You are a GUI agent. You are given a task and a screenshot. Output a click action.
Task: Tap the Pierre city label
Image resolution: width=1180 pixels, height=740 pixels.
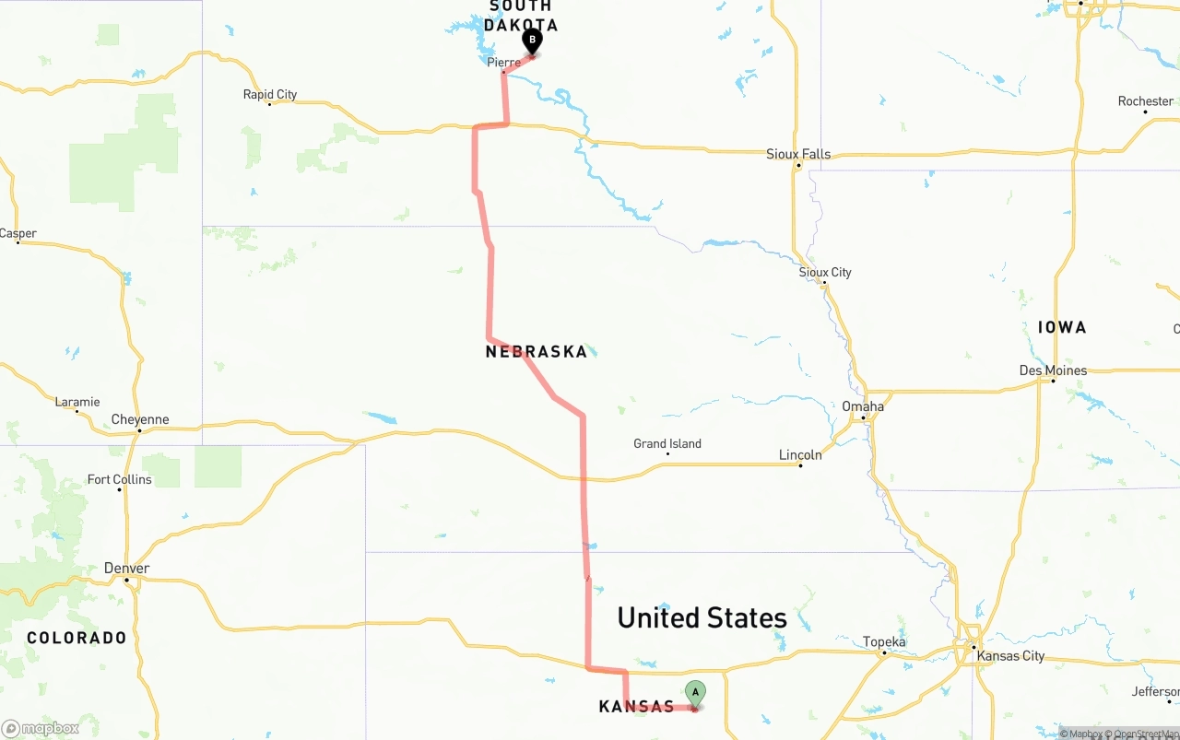503,63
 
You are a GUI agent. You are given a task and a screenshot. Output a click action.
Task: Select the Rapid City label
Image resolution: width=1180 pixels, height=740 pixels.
270,94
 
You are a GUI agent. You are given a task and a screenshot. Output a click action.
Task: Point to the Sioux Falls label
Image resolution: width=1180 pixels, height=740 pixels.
798,154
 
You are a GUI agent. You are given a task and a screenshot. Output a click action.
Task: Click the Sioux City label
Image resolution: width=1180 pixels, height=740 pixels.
825,272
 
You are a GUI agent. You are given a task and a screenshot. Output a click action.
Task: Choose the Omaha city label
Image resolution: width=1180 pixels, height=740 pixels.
863,406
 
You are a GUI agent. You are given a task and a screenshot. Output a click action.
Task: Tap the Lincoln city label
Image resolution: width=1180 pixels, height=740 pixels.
800,454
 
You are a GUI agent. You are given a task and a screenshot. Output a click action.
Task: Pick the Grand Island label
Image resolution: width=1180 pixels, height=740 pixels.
667,443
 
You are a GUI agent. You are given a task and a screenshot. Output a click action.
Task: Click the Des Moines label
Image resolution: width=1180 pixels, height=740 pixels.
1053,370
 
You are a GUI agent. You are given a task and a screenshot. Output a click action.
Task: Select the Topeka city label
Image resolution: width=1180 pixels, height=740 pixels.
884,642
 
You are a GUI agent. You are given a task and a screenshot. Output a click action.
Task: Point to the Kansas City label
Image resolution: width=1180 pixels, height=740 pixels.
1010,655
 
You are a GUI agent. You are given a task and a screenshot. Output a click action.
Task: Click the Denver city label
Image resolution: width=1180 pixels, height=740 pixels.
127,568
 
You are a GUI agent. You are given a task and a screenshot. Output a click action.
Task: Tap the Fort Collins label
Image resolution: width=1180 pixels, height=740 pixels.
119,479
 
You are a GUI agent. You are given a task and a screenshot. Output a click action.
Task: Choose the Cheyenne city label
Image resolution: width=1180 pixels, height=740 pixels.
140,419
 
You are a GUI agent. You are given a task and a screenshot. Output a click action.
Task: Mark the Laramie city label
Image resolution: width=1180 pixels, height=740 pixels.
77,402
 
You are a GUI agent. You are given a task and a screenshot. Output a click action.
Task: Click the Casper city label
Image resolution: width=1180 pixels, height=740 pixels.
18,233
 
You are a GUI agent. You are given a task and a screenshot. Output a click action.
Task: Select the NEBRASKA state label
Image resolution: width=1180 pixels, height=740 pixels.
536,351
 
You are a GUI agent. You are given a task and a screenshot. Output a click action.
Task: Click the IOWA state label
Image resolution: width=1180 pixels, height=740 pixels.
1062,327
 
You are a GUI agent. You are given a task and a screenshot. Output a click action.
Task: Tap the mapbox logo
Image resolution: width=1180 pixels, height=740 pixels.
41,729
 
